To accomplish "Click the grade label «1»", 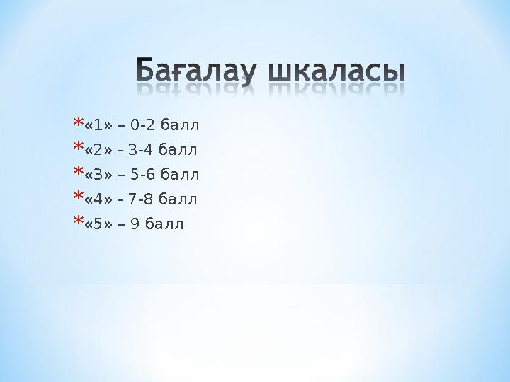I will point(98,126).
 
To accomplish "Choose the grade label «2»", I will point(98,151).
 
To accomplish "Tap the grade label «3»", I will point(98,175).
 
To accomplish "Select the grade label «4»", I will point(98,199).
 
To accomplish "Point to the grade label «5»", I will point(98,224).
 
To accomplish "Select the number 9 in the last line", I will point(134,224).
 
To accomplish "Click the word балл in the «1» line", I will point(180,126).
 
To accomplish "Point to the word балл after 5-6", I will point(180,175).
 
